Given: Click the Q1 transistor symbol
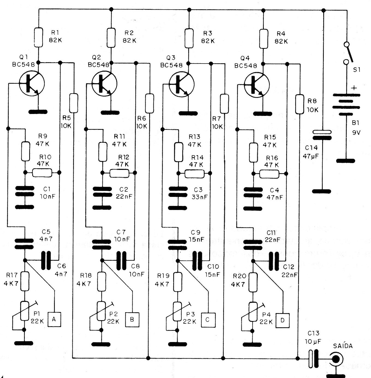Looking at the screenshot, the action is point(32,84).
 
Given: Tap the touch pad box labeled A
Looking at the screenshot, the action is point(54,320).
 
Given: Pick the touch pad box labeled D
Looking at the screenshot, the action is point(282,320).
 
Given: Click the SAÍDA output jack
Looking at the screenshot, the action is point(337,359).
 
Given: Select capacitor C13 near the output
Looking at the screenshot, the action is point(314,358).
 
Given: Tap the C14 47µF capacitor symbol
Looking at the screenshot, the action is point(322,135).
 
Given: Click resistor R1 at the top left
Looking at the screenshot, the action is point(38,37).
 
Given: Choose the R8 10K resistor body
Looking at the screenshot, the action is point(300,104).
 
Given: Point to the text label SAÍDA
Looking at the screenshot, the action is point(343,346).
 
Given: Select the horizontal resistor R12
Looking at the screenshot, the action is point(119,173).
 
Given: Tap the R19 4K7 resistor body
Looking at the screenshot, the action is point(178,282).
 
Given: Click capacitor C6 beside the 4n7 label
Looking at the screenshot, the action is point(46,260).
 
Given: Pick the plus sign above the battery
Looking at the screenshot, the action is point(354,88).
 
